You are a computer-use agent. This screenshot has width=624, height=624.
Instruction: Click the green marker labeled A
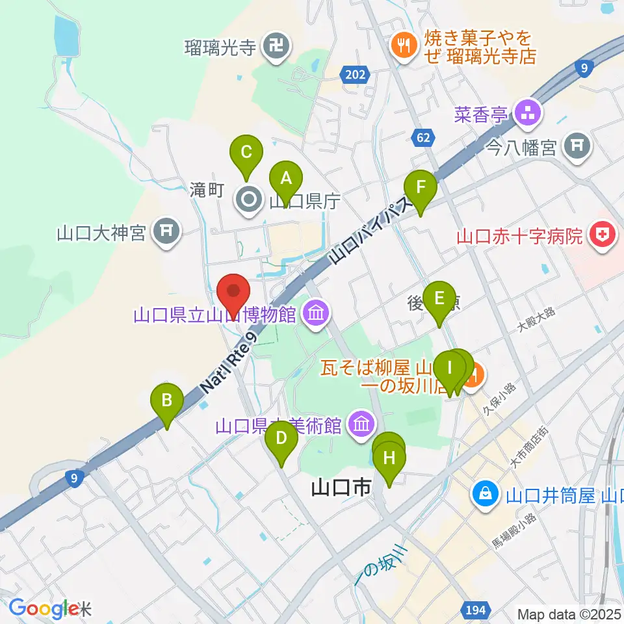285,176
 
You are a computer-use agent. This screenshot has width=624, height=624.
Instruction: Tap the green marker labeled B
167,400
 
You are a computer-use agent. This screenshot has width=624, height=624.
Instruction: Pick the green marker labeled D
281,437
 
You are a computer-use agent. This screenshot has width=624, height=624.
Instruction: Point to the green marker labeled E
439,299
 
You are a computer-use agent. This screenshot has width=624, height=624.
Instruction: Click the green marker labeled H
389,458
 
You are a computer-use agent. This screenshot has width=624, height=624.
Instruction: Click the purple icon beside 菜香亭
528,112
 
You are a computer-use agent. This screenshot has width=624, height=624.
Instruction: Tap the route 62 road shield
422,137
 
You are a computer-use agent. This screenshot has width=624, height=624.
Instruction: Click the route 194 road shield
475,609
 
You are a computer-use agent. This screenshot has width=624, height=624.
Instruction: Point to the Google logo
44,608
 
